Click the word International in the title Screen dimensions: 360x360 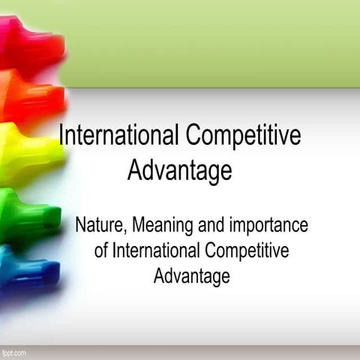tap(118, 136)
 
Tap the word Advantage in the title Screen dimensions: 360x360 tap(180, 171)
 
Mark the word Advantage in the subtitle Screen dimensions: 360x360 tap(191, 276)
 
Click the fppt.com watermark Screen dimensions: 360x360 tap(13, 352)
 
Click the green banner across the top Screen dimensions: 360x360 tap(210, 41)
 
